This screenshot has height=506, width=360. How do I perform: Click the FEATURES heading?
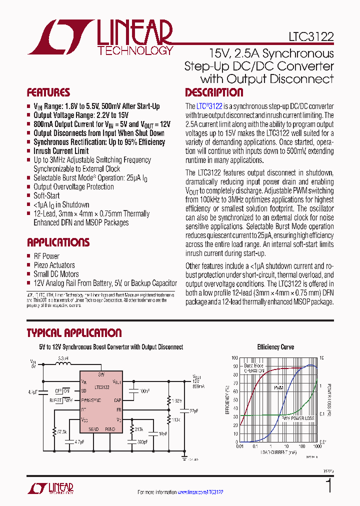tap(48, 92)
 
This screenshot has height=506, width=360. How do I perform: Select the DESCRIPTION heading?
tap(214, 92)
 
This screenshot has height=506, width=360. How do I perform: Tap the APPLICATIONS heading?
tap(58, 242)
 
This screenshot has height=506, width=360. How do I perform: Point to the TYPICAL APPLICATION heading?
tap(74, 333)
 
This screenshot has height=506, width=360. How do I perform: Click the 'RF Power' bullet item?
tap(46, 256)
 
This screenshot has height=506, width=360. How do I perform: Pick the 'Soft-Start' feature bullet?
tap(46, 195)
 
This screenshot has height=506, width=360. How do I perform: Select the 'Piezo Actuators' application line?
tap(54, 265)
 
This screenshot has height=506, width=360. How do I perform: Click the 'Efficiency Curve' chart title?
tap(275, 346)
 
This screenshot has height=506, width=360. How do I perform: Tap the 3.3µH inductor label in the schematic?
tap(63, 358)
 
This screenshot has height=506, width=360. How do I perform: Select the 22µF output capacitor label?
tap(194, 410)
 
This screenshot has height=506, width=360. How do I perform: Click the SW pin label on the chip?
tap(101, 374)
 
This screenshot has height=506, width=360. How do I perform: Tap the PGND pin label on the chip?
tap(110, 429)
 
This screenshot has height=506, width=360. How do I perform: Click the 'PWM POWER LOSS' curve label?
tap(297, 418)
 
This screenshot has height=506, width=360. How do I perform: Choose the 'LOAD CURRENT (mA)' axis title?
tap(278, 451)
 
